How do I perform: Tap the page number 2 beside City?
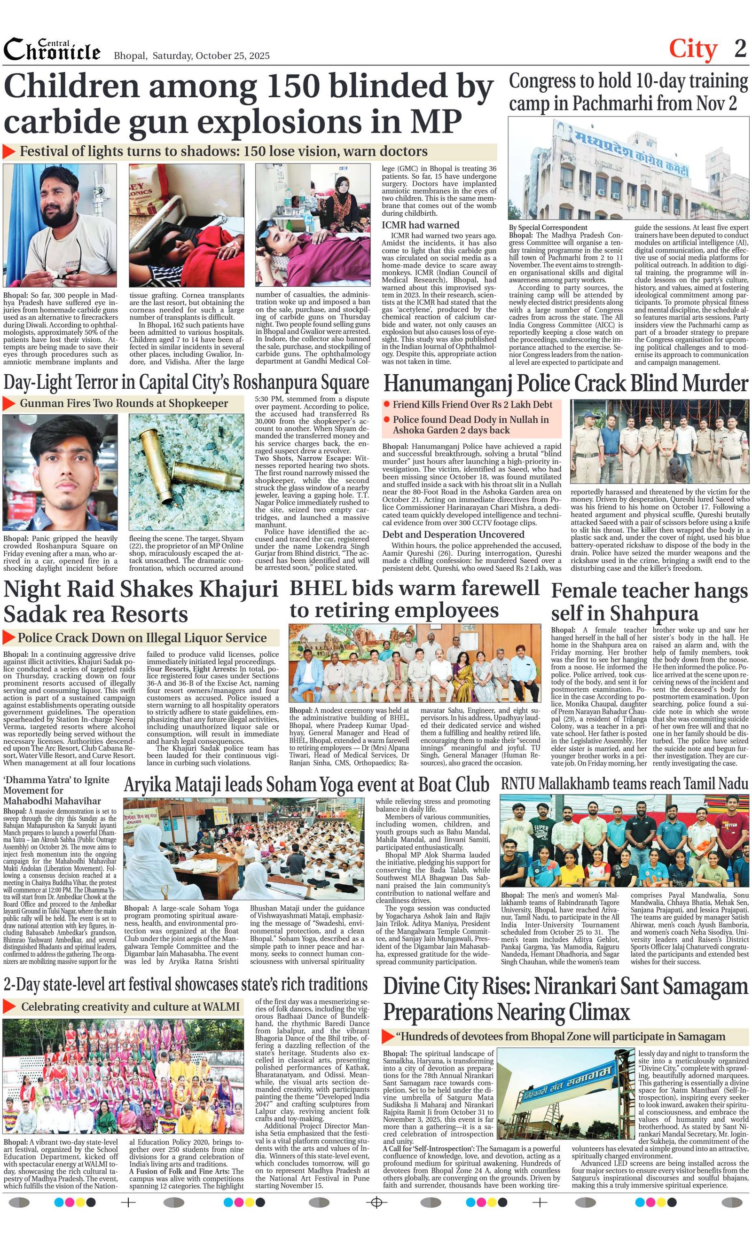tap(740, 49)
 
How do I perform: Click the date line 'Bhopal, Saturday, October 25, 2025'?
tap(192, 55)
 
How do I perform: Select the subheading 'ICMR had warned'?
tap(420, 225)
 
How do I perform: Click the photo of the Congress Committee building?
tap(628, 168)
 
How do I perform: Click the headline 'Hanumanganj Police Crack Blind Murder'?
tap(565, 384)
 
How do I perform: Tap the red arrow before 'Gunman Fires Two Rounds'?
tap(9, 403)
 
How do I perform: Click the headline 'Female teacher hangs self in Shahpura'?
tap(649, 601)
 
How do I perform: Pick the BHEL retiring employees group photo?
tap(415, 663)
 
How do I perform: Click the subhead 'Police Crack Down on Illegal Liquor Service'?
tap(142, 637)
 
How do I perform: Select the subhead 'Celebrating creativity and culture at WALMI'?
tap(130, 1007)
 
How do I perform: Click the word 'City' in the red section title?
tap(693, 49)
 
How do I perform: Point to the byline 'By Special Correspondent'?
tap(548, 228)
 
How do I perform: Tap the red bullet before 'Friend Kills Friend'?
tap(386, 404)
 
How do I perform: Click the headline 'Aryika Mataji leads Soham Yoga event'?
tap(306, 785)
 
